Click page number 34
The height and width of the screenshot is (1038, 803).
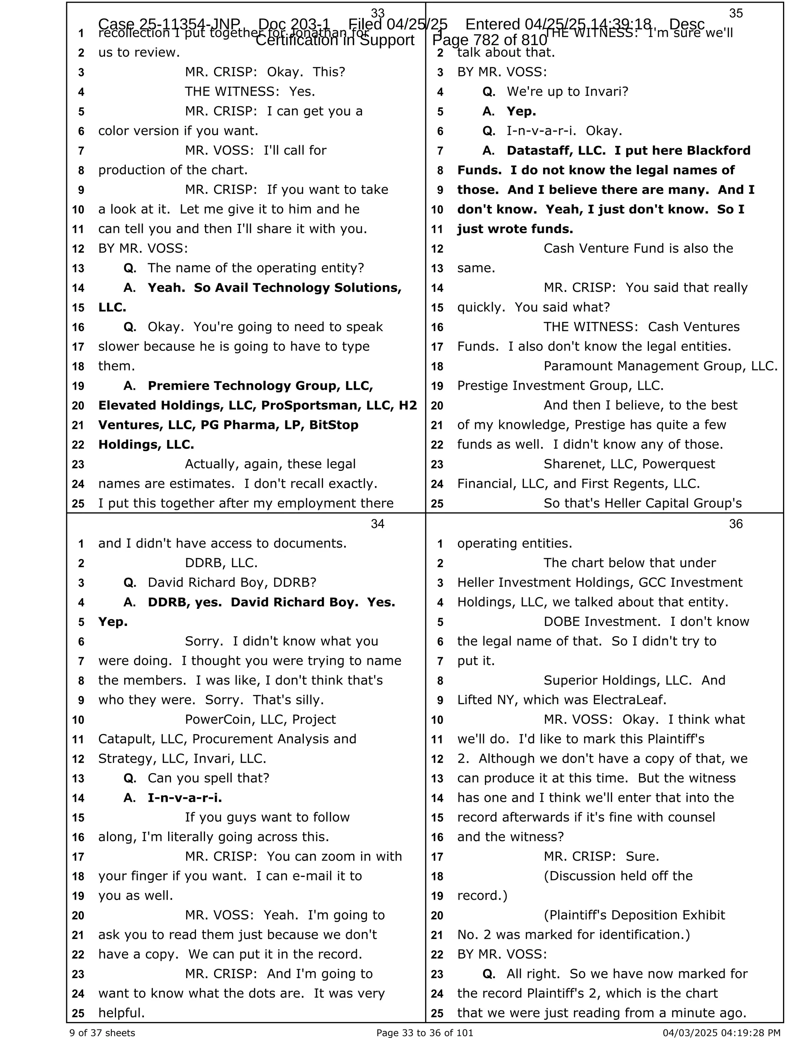pyautogui.click(x=377, y=524)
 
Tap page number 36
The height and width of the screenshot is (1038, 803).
pyautogui.click(x=736, y=524)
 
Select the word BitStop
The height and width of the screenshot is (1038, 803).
pyautogui.click(x=334, y=425)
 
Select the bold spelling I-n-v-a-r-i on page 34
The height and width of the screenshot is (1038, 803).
pyautogui.click(x=185, y=797)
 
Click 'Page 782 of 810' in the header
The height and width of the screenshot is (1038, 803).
pyautogui.click(x=489, y=40)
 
